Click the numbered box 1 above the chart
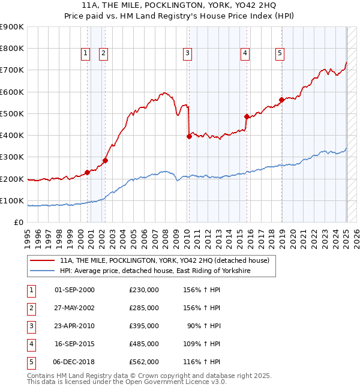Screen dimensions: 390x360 (x=85, y=53)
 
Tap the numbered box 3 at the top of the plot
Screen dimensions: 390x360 (x=188, y=53)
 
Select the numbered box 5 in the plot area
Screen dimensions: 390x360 (x=280, y=53)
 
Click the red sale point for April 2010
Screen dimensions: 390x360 (x=189, y=136)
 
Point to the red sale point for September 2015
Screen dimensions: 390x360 (x=247, y=116)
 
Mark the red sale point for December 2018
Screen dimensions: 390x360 (x=281, y=100)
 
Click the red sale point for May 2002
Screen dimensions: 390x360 (x=105, y=160)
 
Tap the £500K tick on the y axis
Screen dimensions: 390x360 (x=12, y=113)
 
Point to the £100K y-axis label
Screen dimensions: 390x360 (x=12, y=200)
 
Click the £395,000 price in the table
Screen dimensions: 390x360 (x=143, y=325)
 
